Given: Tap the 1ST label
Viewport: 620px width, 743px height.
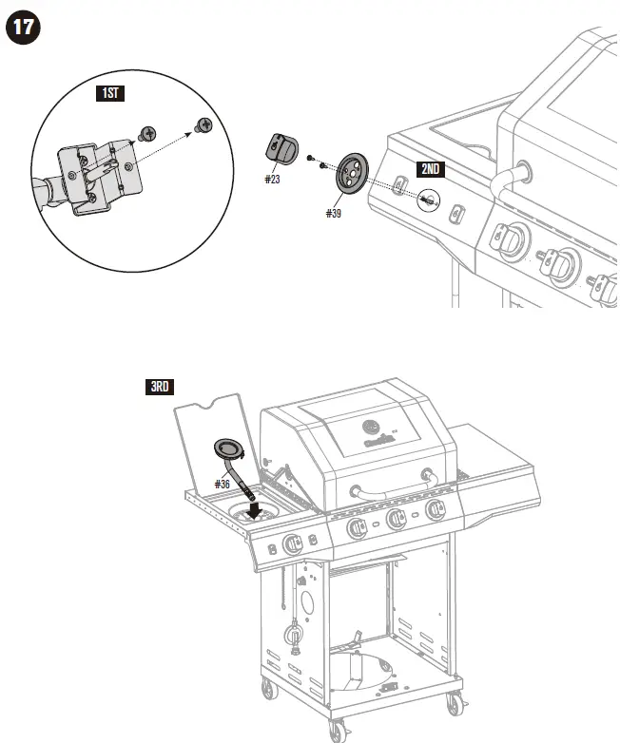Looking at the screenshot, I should click(111, 93).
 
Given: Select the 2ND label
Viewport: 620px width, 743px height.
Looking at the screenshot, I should click(430, 169).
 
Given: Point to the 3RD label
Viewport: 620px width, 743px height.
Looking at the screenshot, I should click(160, 387).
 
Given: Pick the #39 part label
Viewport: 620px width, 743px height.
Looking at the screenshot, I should click(333, 214).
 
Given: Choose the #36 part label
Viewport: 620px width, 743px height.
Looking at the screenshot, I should click(223, 484).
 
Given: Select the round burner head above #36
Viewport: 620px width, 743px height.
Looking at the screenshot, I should click(229, 448).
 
